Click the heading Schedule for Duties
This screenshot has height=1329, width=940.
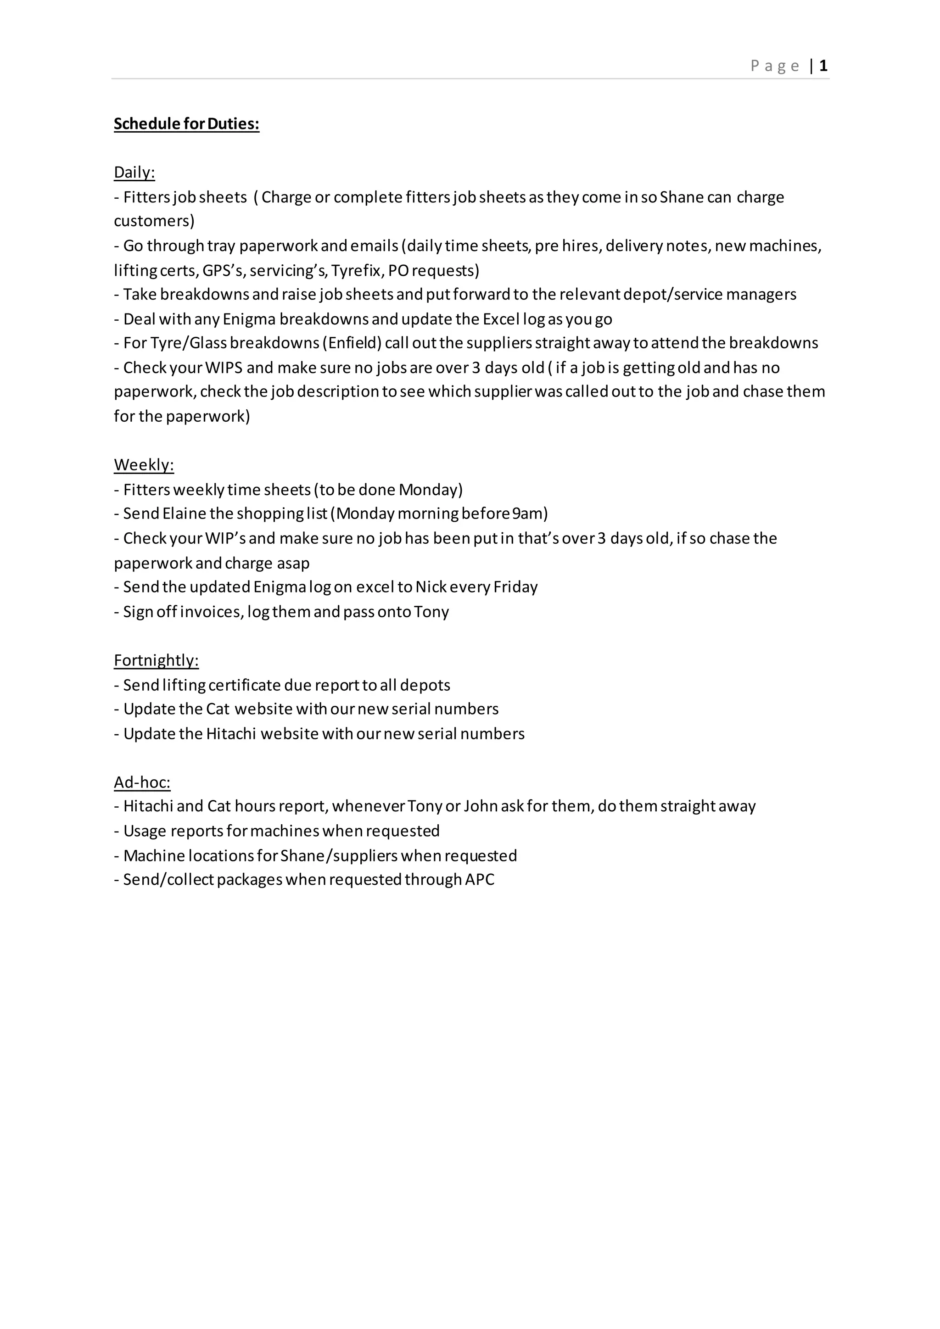(186, 124)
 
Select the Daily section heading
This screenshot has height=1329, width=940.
(134, 173)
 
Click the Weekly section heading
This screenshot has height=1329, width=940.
(144, 465)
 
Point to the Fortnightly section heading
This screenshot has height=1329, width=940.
(156, 660)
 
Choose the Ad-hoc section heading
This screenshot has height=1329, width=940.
(142, 782)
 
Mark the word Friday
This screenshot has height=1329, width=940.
(515, 587)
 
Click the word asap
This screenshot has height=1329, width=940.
(292, 563)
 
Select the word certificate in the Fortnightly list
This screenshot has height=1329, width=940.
(244, 685)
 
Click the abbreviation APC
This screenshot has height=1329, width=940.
(479, 880)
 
